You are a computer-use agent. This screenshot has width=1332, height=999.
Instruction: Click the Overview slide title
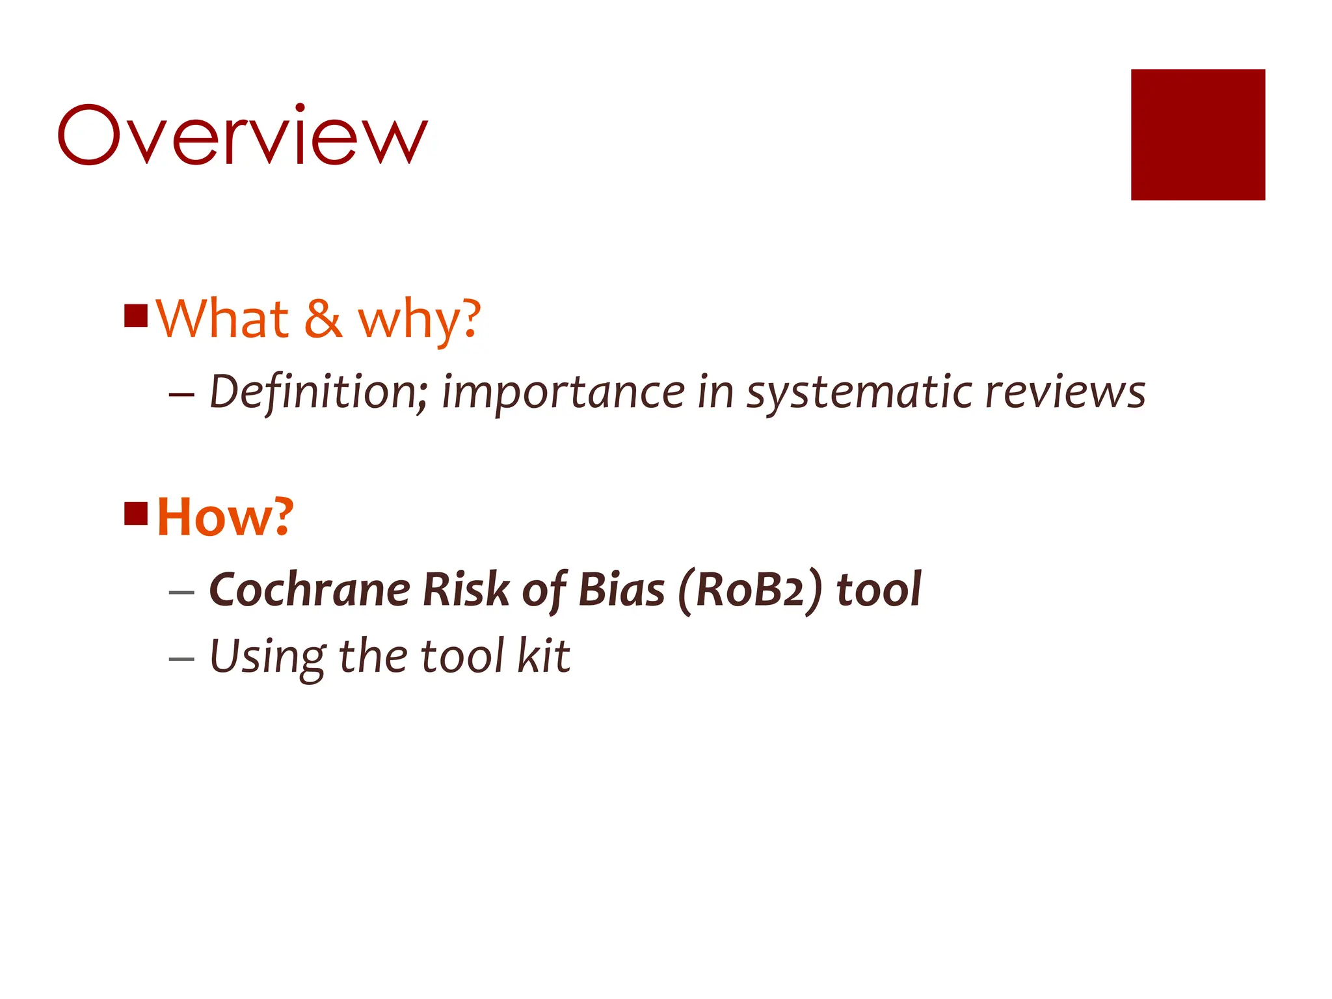click(243, 135)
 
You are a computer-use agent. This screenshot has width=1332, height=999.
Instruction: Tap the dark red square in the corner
click(1197, 135)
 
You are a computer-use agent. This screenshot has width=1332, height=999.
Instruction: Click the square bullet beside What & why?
click(136, 316)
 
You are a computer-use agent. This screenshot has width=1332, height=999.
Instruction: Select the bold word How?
click(226, 517)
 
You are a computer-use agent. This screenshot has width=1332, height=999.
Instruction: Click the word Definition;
click(318, 392)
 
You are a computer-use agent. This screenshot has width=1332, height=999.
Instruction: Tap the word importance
click(563, 393)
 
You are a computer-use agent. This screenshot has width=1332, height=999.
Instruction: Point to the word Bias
click(621, 590)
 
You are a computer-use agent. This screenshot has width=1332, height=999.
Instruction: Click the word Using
click(267, 657)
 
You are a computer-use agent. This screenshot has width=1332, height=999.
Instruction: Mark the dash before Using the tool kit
click(181, 658)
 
